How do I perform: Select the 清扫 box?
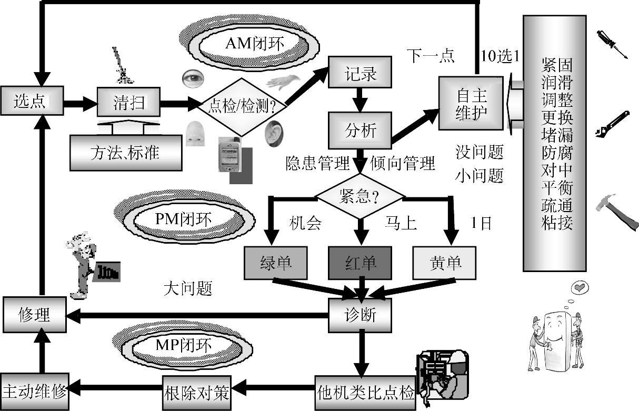coord(128,102)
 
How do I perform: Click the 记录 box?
coord(361,73)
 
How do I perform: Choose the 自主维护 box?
coord(472,104)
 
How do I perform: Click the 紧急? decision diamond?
coord(360,197)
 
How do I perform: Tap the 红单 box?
coord(360,262)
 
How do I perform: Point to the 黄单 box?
coord(445,262)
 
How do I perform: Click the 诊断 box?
coord(360,315)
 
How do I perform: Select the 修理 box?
coord(34,314)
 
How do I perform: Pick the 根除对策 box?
coord(196,393)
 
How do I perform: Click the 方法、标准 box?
coord(126,153)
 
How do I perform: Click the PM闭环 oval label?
coord(183,218)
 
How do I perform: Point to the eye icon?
coord(192,78)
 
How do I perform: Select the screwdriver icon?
coord(612,44)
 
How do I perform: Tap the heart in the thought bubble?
coord(580,288)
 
